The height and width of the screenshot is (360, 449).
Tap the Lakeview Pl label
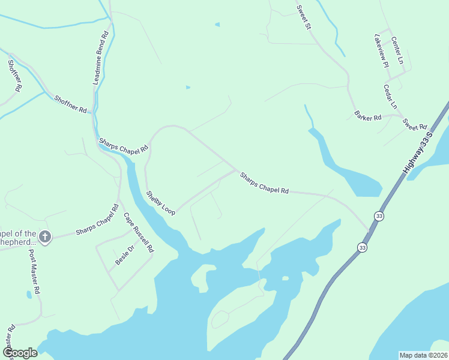tap(381, 50)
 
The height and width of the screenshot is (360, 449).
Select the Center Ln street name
tap(397, 51)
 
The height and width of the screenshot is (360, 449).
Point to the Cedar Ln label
tap(390, 96)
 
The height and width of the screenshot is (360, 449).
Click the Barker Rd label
tap(367, 116)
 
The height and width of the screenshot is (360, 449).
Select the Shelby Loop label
tap(161, 203)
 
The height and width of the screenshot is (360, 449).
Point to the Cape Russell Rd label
tap(139, 232)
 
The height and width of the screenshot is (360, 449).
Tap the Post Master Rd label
tap(34, 272)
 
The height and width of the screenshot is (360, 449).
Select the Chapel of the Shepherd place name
tap(19, 238)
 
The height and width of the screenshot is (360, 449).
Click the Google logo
tap(20, 353)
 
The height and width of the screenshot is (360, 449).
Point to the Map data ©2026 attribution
tap(424, 355)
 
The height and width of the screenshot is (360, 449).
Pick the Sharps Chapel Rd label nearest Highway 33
tap(264, 183)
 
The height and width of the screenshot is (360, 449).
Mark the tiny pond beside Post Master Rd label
tap(29, 294)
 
